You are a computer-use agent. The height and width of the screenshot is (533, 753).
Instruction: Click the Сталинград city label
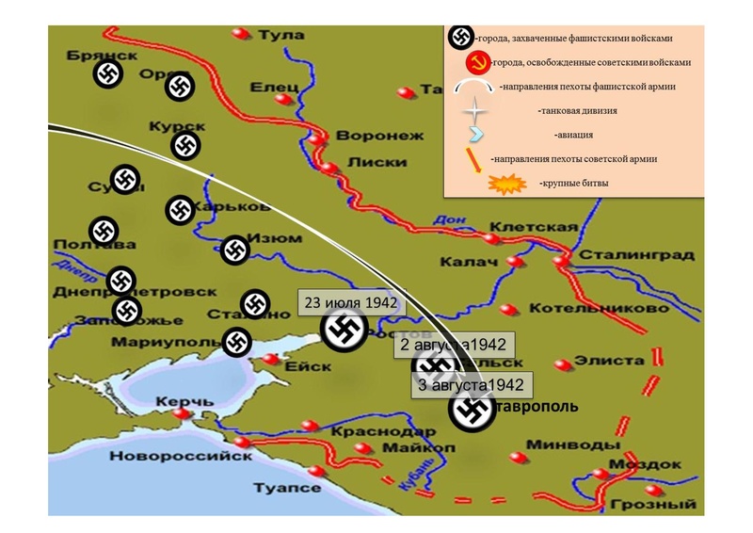(637, 255)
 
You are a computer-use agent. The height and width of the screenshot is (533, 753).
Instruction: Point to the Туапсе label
(287, 488)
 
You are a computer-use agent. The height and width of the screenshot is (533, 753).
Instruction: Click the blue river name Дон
(443, 220)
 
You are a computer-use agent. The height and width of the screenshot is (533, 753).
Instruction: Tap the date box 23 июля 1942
(348, 303)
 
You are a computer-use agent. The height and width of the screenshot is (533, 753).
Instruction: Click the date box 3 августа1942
(471, 384)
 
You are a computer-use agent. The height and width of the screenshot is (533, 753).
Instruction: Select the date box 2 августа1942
(455, 345)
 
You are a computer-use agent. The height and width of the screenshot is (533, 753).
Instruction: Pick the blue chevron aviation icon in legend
(477, 134)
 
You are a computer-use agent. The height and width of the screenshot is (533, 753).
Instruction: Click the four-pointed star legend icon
(478, 111)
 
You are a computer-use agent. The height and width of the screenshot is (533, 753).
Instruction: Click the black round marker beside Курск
(185, 145)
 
